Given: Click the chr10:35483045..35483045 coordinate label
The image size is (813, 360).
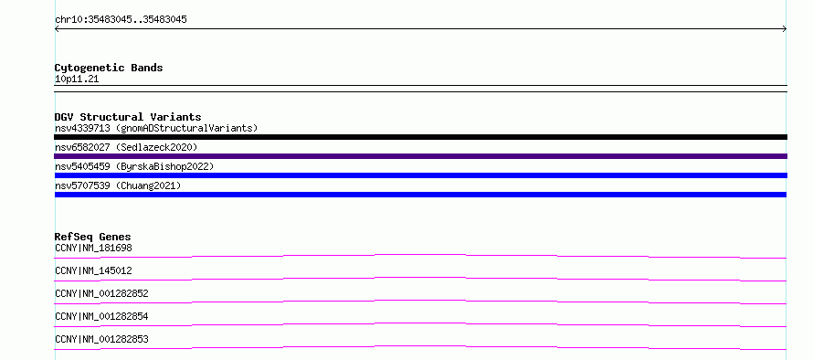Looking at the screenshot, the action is pyautogui.click(x=121, y=20).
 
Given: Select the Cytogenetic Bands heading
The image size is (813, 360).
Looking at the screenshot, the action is pyautogui.click(x=109, y=68).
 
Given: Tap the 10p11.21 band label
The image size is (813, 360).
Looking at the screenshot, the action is pyautogui.click(x=77, y=79).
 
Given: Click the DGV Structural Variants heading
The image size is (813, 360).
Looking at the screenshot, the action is pyautogui.click(x=128, y=117).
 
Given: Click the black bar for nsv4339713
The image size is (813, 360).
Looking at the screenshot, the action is pyautogui.click(x=420, y=137).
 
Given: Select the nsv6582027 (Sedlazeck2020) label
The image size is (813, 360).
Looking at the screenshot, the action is pyautogui.click(x=126, y=147).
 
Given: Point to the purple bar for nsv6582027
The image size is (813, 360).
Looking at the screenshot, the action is pyautogui.click(x=420, y=156).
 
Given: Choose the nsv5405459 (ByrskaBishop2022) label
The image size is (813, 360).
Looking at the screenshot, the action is pyautogui.click(x=134, y=166).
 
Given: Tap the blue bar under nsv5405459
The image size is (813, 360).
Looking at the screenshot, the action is pyautogui.click(x=420, y=175).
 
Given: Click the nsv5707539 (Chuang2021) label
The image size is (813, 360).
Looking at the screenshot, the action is pyautogui.click(x=118, y=185).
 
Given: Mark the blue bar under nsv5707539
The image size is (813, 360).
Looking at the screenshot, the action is pyautogui.click(x=420, y=195).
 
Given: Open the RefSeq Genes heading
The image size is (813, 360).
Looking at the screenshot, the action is pyautogui.click(x=93, y=237).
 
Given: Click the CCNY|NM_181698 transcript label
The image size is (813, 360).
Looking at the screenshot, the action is pyautogui.click(x=93, y=248).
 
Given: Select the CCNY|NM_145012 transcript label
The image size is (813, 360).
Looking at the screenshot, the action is pyautogui.click(x=93, y=270).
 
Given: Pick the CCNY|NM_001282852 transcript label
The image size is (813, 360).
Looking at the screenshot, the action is pyautogui.click(x=101, y=293).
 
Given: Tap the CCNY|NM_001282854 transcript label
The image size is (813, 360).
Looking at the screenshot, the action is pyautogui.click(x=101, y=316).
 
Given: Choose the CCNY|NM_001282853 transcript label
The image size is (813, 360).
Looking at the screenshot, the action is pyautogui.click(x=101, y=339).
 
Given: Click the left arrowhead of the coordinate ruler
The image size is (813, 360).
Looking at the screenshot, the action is pyautogui.click(x=56, y=29).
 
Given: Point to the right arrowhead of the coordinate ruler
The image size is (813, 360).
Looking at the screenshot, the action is pyautogui.click(x=786, y=29).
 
